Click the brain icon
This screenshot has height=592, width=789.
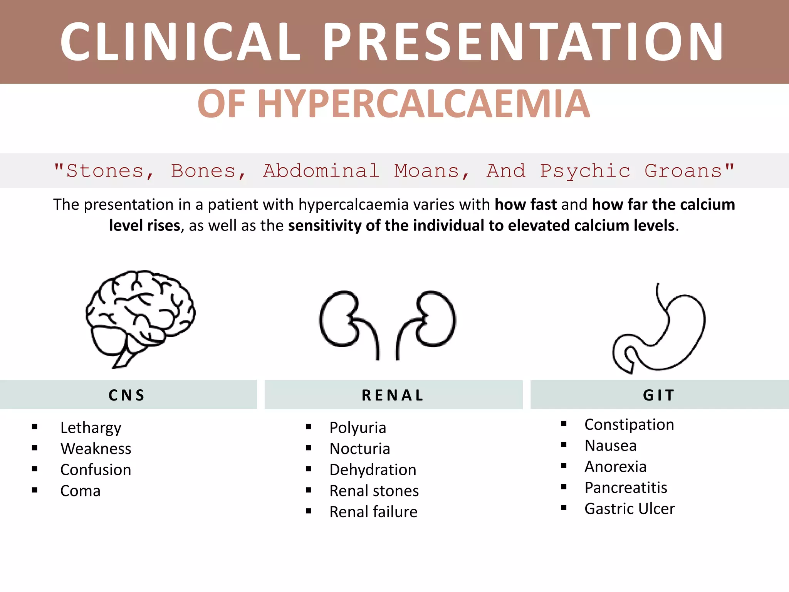coord(140,318)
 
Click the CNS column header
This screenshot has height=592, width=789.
coord(127,395)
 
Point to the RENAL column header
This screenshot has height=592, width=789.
coord(393,395)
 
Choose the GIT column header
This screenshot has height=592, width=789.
coord(659,395)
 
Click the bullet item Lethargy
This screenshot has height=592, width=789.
coord(91,427)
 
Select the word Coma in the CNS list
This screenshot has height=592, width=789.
coord(81,491)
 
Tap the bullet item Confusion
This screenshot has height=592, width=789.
coord(96,470)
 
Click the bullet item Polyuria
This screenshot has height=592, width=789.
coord(358,427)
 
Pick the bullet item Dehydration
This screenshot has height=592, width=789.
coord(373,470)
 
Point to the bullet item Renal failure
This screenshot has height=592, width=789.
coord(373,512)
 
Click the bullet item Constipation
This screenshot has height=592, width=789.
coord(629,424)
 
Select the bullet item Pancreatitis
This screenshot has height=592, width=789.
coord(626,488)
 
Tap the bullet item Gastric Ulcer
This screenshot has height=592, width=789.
coord(630,509)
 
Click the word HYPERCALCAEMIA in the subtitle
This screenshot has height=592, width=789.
coord(423,104)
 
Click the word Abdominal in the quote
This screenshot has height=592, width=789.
coord(321,171)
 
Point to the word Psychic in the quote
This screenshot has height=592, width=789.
coord(585,171)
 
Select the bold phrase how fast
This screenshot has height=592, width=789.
coord(525,204)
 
